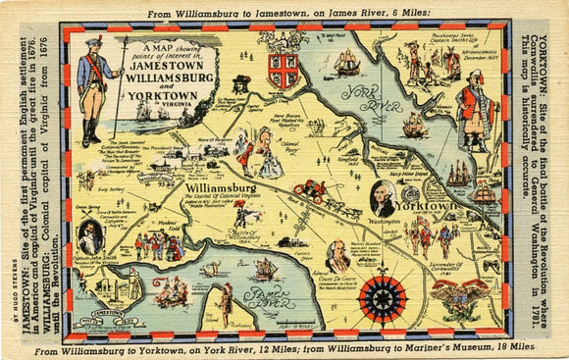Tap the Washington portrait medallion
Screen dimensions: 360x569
click(383, 198)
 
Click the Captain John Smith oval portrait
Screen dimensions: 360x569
click(89, 236)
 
